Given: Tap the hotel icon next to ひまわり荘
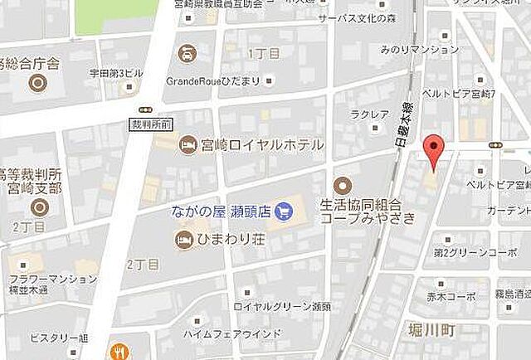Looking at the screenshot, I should tap(183, 240).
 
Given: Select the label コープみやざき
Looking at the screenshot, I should tap(359, 217).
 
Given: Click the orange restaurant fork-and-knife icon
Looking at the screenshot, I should tap(119, 351).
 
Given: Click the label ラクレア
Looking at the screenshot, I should tap(365, 114).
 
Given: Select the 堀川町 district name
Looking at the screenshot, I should tap(432, 330).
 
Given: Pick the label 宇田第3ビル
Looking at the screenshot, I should tap(117, 73).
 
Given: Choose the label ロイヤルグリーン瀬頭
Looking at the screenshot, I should tap(282, 307).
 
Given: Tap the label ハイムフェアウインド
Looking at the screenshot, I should tap(234, 334).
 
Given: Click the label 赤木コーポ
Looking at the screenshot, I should tap(450, 294).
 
